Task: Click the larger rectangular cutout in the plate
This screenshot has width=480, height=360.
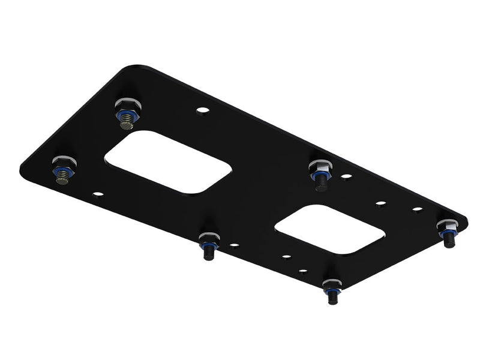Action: [x=169, y=163]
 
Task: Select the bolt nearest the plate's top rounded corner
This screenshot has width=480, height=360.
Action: [x=127, y=113]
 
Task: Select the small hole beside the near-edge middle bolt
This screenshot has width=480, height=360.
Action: [x=234, y=245]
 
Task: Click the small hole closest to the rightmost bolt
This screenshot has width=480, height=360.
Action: [x=418, y=209]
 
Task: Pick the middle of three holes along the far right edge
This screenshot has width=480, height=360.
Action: [x=380, y=203]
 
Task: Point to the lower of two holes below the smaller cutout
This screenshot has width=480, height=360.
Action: [x=286, y=257]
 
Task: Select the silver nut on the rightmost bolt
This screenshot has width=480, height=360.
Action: [x=447, y=226]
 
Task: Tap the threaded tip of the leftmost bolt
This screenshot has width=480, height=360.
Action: [x=64, y=181]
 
